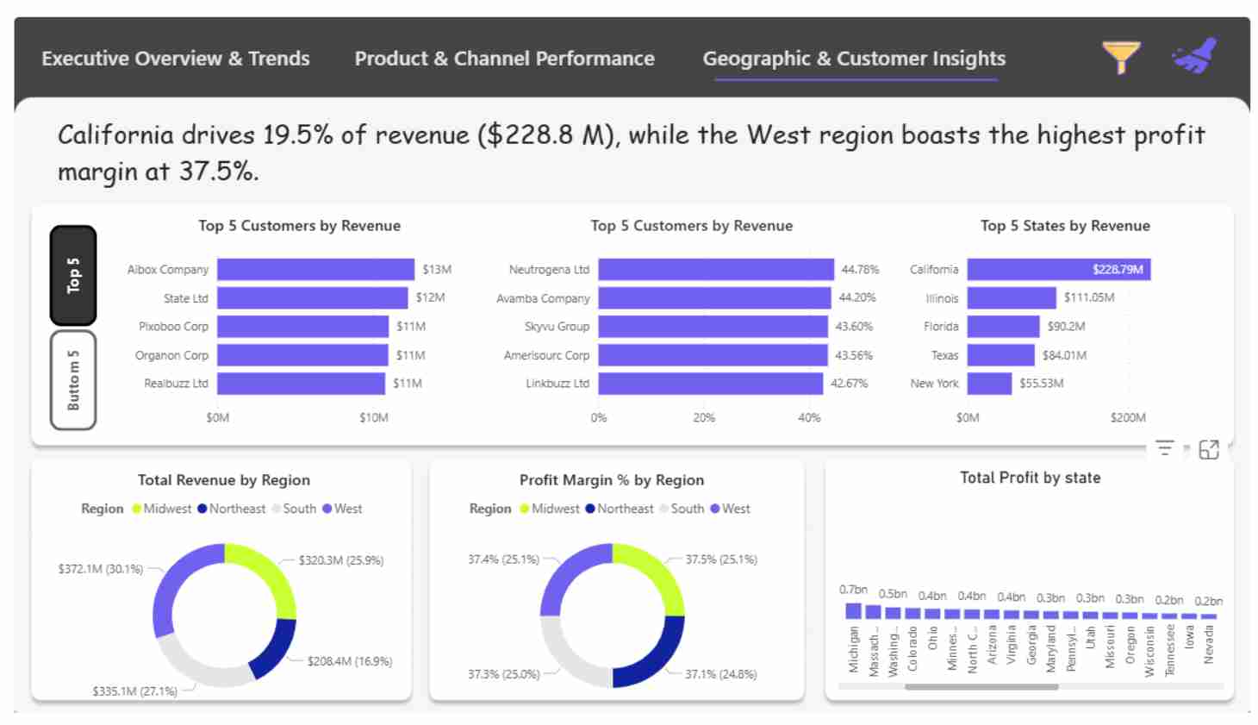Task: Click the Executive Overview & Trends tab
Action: pos(175,59)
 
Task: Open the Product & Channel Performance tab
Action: pos(504,59)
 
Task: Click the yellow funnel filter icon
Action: pos(1121,57)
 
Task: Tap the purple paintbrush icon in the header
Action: pos(1195,56)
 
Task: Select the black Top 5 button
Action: pos(73,275)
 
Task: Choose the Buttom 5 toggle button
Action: pos(73,380)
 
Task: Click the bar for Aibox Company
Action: pos(315,270)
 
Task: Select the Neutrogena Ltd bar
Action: pos(715,270)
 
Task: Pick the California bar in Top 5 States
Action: pos(1058,270)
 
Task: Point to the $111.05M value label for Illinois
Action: pos(1088,297)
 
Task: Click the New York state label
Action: pos(934,384)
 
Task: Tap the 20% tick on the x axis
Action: pos(704,418)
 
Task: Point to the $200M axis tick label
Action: pos(1127,418)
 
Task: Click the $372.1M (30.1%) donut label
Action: pos(100,569)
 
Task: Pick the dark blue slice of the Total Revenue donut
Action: pos(274,648)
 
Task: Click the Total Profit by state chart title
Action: pos(1030,478)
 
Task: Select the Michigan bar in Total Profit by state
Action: pos(853,610)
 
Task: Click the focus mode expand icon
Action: pos(1209,449)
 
